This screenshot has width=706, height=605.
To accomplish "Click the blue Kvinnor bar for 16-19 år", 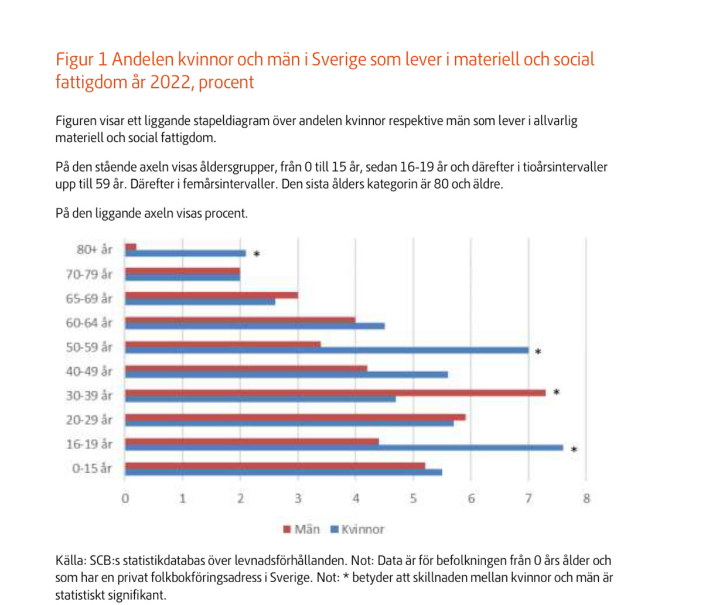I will tap(344, 448).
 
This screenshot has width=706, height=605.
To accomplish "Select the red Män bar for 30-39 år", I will tap(335, 392).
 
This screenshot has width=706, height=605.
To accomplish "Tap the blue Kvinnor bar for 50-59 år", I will tap(326, 351).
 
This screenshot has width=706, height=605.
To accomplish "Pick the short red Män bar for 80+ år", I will tap(131, 247).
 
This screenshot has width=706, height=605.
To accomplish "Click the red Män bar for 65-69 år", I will tap(212, 295).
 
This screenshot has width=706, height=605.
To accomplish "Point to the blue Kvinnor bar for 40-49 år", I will tap(287, 375).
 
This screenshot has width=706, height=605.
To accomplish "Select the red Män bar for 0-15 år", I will tap(275, 466).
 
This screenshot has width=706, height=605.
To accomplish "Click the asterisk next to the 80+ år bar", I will tap(257, 254).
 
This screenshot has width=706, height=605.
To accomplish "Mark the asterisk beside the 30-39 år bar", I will tap(557, 392).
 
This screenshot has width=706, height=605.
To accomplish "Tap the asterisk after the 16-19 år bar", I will tap(574, 450).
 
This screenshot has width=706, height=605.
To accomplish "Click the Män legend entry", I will tap(302, 529).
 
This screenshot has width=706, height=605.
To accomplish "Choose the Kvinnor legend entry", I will tap(357, 529).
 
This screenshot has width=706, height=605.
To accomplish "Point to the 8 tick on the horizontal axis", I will tap(586, 499).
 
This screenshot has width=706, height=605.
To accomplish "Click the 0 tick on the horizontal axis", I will tap(125, 499).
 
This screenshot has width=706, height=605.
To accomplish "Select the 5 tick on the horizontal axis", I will tap(413, 499).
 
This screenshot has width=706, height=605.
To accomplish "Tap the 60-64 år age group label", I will tap(89, 323).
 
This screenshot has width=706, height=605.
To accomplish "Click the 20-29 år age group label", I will tap(89, 420).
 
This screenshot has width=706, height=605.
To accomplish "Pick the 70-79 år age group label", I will tap(89, 274).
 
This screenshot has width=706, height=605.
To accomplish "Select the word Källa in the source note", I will tap(70, 560).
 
